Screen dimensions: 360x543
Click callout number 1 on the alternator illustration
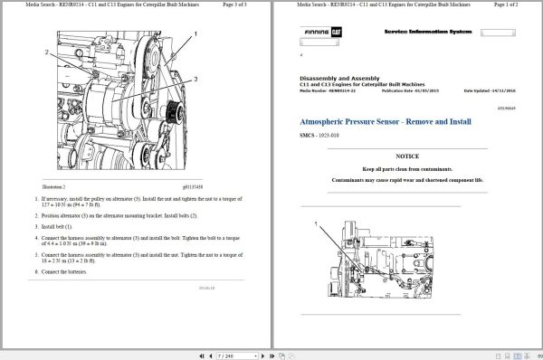click(x=195, y=33)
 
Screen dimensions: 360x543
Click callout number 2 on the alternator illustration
click(x=46, y=52)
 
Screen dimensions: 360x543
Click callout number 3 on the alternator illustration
click(x=195, y=80)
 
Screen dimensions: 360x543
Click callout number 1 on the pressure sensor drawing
click(x=315, y=223)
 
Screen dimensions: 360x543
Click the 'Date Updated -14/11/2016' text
click(x=494, y=91)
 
